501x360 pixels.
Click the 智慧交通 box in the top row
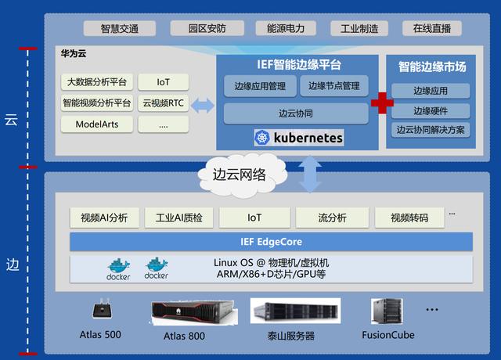[x=120, y=28]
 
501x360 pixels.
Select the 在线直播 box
[x=431, y=28]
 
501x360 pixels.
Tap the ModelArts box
[x=97, y=124]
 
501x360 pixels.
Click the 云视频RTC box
[x=164, y=103]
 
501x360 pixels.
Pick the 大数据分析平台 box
[x=97, y=82]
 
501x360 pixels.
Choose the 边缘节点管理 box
[x=334, y=86]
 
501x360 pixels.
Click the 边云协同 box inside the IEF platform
[x=296, y=113]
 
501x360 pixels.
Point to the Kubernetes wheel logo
[x=262, y=138]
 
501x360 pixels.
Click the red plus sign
[x=382, y=103]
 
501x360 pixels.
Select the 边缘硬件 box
[x=431, y=111]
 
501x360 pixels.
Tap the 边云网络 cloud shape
[x=242, y=175]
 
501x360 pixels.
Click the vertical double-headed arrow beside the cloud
[x=310, y=175]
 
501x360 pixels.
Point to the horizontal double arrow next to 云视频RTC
[x=202, y=106]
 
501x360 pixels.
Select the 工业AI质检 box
[x=179, y=218]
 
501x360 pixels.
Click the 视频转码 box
[x=409, y=218]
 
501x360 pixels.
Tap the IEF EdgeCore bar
[x=272, y=242]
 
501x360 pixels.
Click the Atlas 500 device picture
[x=102, y=308]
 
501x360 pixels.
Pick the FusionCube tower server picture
[x=387, y=311]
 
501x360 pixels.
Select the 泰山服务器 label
[x=291, y=336]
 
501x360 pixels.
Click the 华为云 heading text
[x=74, y=53]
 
